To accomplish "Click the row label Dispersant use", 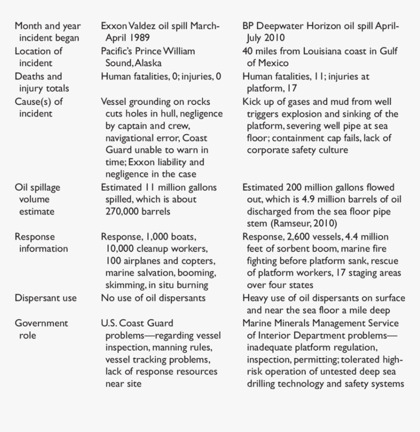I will click(45, 298).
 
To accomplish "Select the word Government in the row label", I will click(41, 323).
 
